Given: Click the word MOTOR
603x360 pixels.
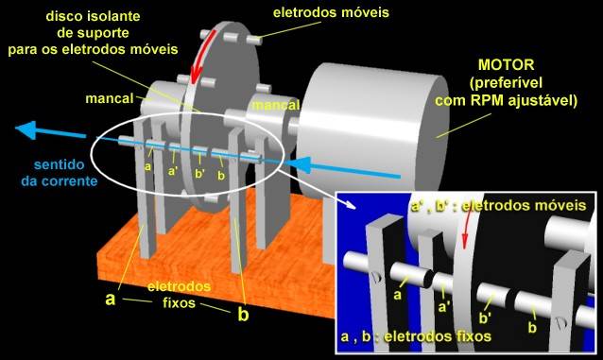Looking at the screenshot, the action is (506, 64).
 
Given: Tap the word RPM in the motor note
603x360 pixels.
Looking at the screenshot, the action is (489, 101).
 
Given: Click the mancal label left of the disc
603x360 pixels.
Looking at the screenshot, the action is (110, 98).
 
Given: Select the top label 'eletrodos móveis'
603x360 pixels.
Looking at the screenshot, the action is (331, 12).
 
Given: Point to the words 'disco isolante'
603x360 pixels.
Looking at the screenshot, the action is (93, 16).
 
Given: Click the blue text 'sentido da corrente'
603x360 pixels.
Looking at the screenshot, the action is (60, 172).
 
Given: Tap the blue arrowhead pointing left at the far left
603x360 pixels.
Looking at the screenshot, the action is (26, 129).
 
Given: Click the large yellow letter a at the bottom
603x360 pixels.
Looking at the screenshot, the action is (110, 298).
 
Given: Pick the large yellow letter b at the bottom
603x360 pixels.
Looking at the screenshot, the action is (243, 314).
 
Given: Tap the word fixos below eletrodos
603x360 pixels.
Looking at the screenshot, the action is (179, 303).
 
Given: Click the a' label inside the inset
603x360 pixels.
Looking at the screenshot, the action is (444, 307).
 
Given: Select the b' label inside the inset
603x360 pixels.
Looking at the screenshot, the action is (485, 318).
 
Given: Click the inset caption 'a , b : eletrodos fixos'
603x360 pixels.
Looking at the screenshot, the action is (416, 336).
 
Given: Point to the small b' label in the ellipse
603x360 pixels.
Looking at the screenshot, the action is (200, 174).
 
